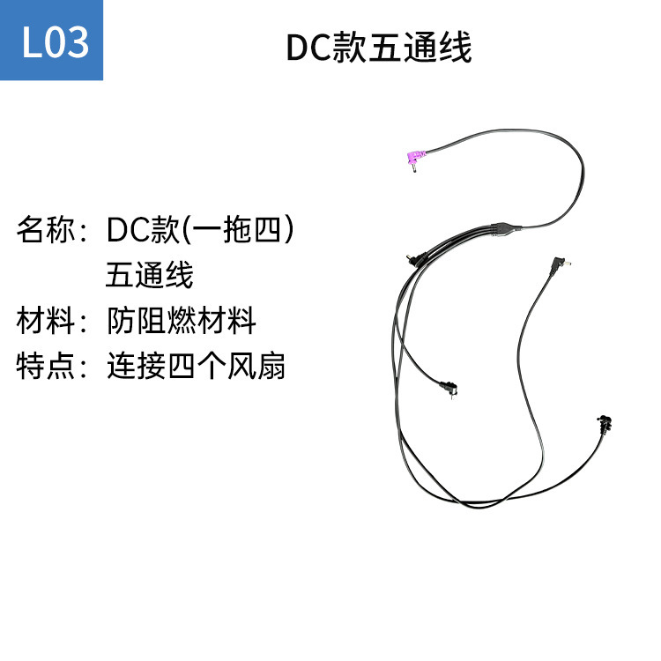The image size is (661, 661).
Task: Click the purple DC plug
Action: (411, 160)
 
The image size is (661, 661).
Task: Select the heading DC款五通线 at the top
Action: (379, 48)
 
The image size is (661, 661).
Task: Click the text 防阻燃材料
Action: (181, 321)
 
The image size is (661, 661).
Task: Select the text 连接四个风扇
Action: (196, 366)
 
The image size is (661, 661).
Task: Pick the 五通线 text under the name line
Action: (149, 276)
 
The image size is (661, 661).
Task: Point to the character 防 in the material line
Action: (121, 321)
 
